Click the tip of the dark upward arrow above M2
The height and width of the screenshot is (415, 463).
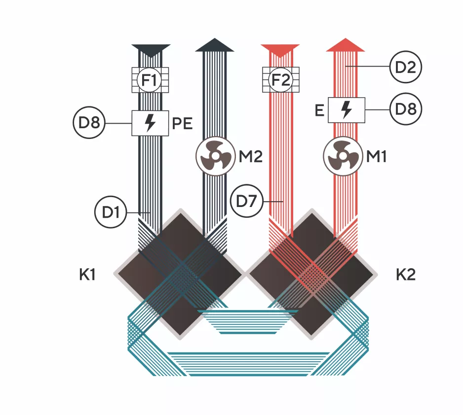pos(215,38)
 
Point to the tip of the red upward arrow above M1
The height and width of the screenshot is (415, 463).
pos(345,38)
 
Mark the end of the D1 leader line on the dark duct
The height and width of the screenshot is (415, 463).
pos(151,212)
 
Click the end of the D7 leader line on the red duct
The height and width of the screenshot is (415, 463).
pos(283,202)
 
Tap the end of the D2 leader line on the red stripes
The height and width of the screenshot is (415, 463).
pos(346,67)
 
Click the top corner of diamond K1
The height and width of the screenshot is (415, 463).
pos(180,208)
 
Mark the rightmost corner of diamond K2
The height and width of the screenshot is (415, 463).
pos(378,274)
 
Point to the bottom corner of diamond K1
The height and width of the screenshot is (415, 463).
pos(180,340)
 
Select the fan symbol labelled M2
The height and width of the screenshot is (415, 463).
pos(216,156)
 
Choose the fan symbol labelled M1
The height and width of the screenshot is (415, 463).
pos(343,156)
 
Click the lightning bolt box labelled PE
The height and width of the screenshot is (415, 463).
pos(150,123)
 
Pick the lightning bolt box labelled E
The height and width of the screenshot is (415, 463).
pos(347,110)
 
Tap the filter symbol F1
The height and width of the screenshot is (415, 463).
pos(150,80)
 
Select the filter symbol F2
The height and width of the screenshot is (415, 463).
pos(280,80)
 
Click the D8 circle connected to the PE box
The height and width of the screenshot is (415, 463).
pos(89,123)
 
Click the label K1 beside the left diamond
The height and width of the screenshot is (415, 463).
pos(87,275)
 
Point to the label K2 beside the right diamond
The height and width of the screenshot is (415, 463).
pos(406,275)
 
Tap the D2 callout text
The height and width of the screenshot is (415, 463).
pos(405,67)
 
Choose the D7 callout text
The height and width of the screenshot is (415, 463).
pos(246,202)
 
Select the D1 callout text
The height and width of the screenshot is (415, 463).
pos(111,212)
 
